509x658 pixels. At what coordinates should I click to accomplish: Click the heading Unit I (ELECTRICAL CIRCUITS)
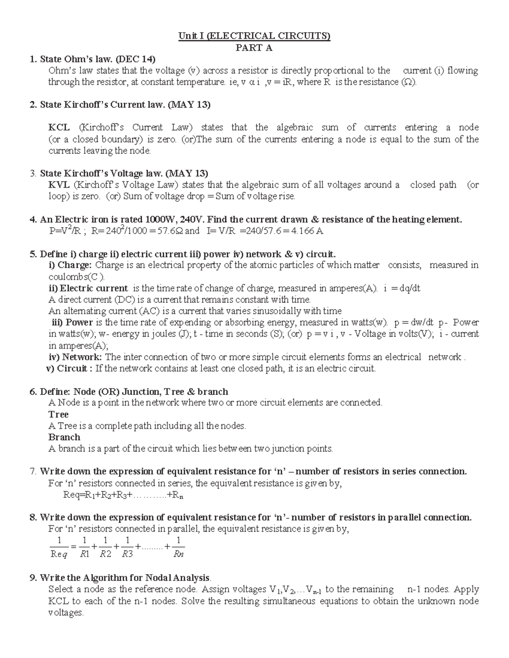pyautogui.click(x=254, y=36)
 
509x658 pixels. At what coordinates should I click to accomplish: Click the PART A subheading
pyautogui.click(x=254, y=47)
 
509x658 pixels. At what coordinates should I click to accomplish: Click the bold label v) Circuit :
pyautogui.click(x=69, y=369)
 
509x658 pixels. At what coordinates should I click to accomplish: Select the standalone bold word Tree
pyautogui.click(x=59, y=414)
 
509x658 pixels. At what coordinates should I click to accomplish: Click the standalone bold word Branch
pyautogui.click(x=64, y=437)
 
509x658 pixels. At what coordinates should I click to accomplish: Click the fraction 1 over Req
pyautogui.click(x=59, y=547)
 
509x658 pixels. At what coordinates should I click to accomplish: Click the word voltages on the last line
pyautogui.click(x=66, y=613)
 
